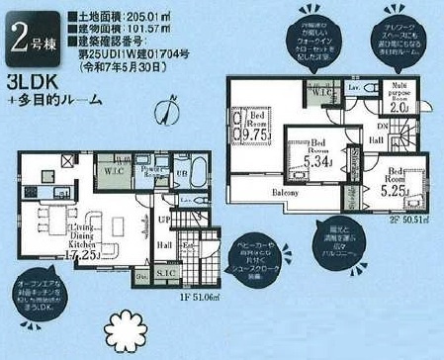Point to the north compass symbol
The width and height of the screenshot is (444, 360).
[172, 105]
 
